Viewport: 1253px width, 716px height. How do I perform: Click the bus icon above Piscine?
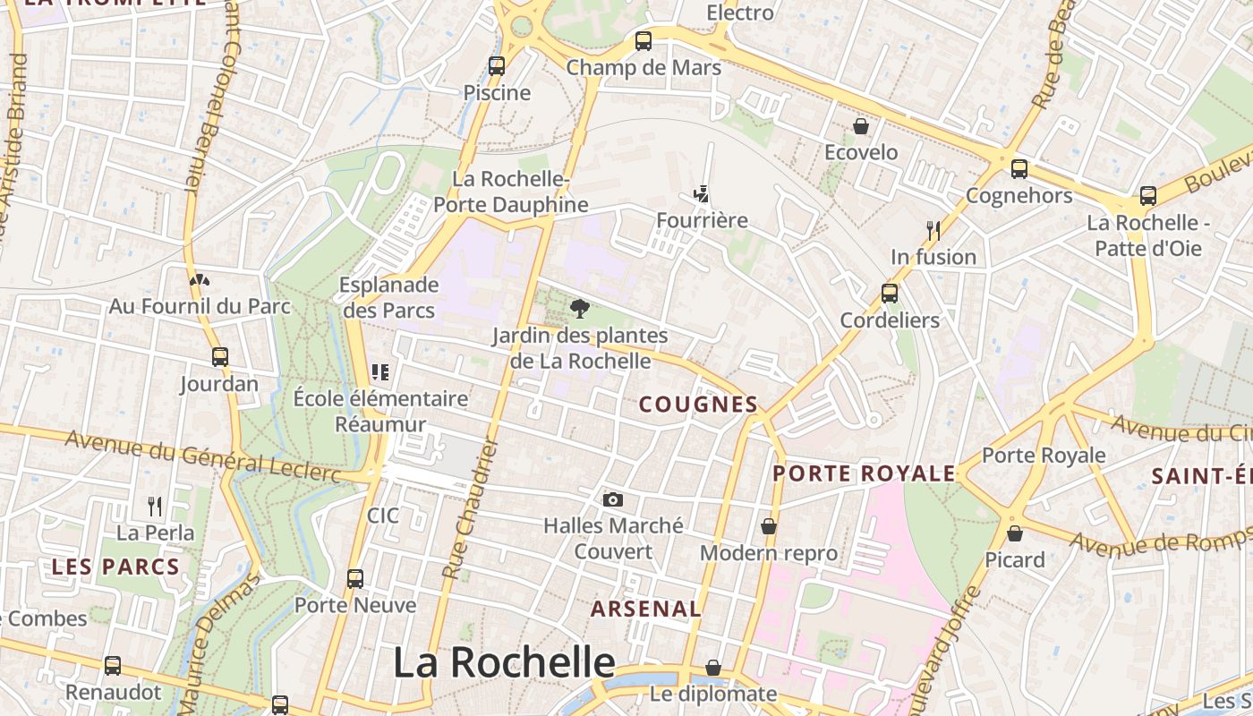pyautogui.click(x=497, y=65)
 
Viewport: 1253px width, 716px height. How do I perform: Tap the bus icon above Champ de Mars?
pyautogui.click(x=644, y=40)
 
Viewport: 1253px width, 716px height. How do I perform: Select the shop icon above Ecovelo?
pyautogui.click(x=861, y=126)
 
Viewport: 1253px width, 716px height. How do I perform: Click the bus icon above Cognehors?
pyautogui.click(x=1019, y=169)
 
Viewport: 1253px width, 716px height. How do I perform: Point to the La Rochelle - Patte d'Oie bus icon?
pyautogui.click(x=1148, y=196)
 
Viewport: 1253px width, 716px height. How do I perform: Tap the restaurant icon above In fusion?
pyautogui.click(x=933, y=230)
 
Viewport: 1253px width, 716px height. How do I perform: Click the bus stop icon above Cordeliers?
pyautogui.click(x=890, y=294)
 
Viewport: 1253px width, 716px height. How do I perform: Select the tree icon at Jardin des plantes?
pyautogui.click(x=580, y=310)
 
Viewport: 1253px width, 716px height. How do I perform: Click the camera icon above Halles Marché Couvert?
pyautogui.click(x=613, y=499)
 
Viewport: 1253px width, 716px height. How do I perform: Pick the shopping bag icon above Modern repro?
pyautogui.click(x=769, y=526)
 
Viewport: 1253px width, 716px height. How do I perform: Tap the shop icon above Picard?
pyautogui.click(x=1015, y=533)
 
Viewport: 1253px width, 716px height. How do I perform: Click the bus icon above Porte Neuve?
pyautogui.click(x=355, y=579)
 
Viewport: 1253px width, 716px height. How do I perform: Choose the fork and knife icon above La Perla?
pyautogui.click(x=155, y=507)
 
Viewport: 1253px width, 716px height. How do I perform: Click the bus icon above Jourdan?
pyautogui.click(x=220, y=357)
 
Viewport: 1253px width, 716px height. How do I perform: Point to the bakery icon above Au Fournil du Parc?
pyautogui.click(x=200, y=280)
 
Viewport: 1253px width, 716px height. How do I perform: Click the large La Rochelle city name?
pyautogui.click(x=504, y=663)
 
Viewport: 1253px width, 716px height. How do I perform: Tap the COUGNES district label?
pyautogui.click(x=698, y=405)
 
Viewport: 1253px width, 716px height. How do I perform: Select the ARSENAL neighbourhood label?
pyautogui.click(x=645, y=609)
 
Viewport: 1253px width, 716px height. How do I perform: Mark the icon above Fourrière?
pyautogui.click(x=702, y=193)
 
